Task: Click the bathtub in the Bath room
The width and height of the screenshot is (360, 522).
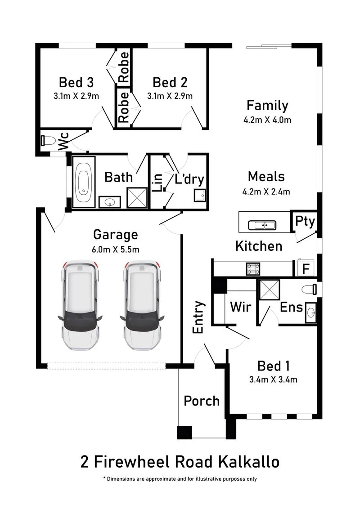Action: pyautogui.click(x=84, y=182)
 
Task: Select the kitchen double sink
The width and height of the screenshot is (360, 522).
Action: pyautogui.click(x=262, y=225)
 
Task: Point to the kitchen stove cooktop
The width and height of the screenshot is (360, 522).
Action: pyautogui.click(x=253, y=269)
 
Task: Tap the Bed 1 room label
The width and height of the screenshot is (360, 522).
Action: pyautogui.click(x=274, y=366)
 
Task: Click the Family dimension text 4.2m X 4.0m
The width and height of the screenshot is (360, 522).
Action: pyautogui.click(x=267, y=120)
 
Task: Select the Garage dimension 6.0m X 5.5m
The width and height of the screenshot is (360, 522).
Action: pyautogui.click(x=116, y=250)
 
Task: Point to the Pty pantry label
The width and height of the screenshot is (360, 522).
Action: pyautogui.click(x=305, y=221)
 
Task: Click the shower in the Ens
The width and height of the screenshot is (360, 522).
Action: pyautogui.click(x=270, y=290)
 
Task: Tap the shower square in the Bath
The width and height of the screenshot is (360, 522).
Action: pyautogui.click(x=137, y=198)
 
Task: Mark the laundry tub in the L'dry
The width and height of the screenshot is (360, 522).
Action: pyautogui.click(x=200, y=196)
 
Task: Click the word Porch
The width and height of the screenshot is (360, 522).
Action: pyautogui.click(x=202, y=401)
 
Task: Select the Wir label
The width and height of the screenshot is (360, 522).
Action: pyautogui.click(x=241, y=307)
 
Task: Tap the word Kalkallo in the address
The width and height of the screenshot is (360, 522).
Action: pyautogui.click(x=249, y=462)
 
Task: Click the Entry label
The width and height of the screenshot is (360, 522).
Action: pyautogui.click(x=198, y=317)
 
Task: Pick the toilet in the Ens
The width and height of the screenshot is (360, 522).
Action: pyautogui.click(x=309, y=289)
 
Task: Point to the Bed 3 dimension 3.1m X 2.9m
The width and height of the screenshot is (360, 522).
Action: pyautogui.click(x=76, y=96)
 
